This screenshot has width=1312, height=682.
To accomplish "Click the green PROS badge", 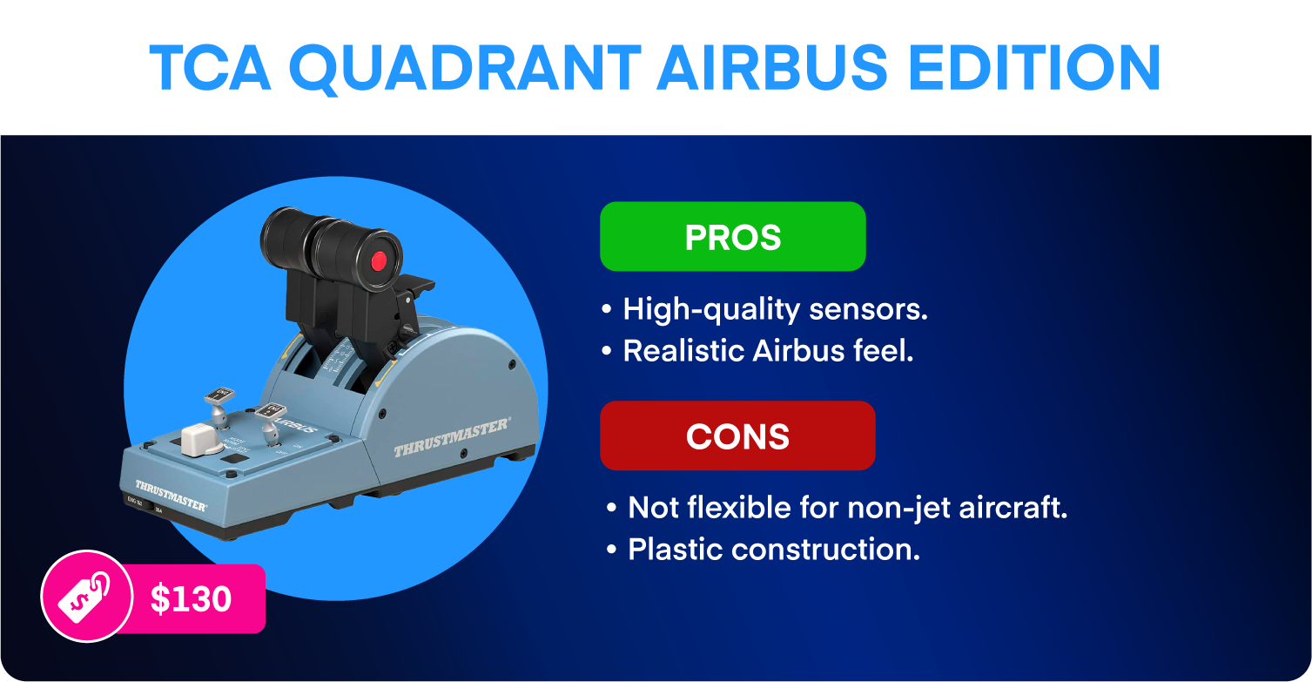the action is point(733,236).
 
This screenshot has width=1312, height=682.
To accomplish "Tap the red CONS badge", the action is point(737,436).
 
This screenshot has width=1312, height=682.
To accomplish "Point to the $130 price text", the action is point(191,598).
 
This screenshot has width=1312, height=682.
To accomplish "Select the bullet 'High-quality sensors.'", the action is point(764,309).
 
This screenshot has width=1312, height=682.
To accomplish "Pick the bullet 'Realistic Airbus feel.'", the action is point(757,351).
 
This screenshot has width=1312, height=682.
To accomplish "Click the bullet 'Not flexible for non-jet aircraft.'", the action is point(837,508).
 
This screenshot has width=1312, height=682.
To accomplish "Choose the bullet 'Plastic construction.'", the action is point(764,550).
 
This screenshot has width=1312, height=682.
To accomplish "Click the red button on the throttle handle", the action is point(379,261).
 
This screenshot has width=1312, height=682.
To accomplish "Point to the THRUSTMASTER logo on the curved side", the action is point(452,437).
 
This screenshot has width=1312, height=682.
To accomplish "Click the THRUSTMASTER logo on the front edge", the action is point(171,496).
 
